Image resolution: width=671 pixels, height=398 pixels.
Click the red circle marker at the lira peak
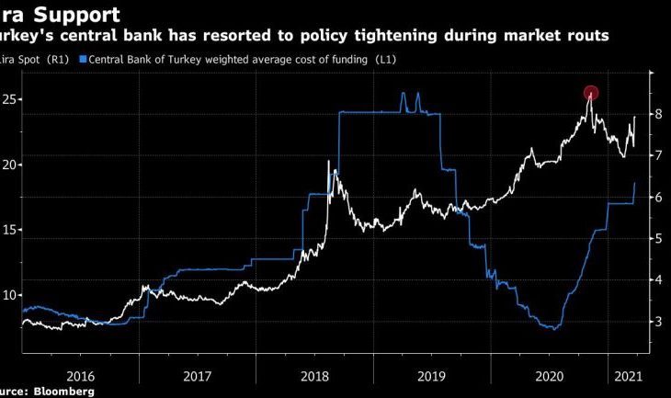pyautogui.click(x=591, y=93)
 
